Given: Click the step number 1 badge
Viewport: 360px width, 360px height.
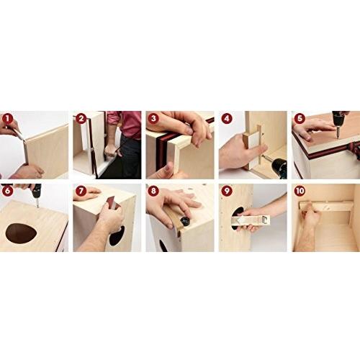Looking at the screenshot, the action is [x=8, y=119].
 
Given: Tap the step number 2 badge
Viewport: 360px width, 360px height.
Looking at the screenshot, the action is [x=81, y=119].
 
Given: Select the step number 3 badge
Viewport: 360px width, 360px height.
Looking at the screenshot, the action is [x=153, y=119].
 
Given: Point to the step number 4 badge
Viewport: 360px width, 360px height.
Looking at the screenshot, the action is [x=227, y=119].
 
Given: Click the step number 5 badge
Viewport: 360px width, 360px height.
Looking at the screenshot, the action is [x=300, y=119].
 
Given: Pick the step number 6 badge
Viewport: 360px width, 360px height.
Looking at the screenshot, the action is [x=8, y=192].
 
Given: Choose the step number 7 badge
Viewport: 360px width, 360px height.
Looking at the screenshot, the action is [x=81, y=192].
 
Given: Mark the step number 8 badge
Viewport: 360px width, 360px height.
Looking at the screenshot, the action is [x=153, y=192].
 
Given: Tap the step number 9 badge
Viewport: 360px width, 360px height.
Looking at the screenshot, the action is [x=227, y=192].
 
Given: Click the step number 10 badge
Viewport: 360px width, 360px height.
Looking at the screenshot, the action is [x=300, y=192].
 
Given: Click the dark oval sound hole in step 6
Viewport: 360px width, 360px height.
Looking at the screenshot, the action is [x=21, y=233].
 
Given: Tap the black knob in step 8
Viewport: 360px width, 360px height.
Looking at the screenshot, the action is [x=185, y=221].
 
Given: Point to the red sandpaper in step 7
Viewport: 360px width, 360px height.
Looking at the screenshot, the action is [x=113, y=202].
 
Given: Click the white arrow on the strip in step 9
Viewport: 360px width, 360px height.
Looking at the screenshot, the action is [x=239, y=220].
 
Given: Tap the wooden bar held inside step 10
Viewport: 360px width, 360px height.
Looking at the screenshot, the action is [x=326, y=207].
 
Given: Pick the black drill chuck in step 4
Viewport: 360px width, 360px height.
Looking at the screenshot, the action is [x=279, y=166].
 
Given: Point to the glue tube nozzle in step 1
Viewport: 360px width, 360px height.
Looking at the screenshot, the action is [x=21, y=136].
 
